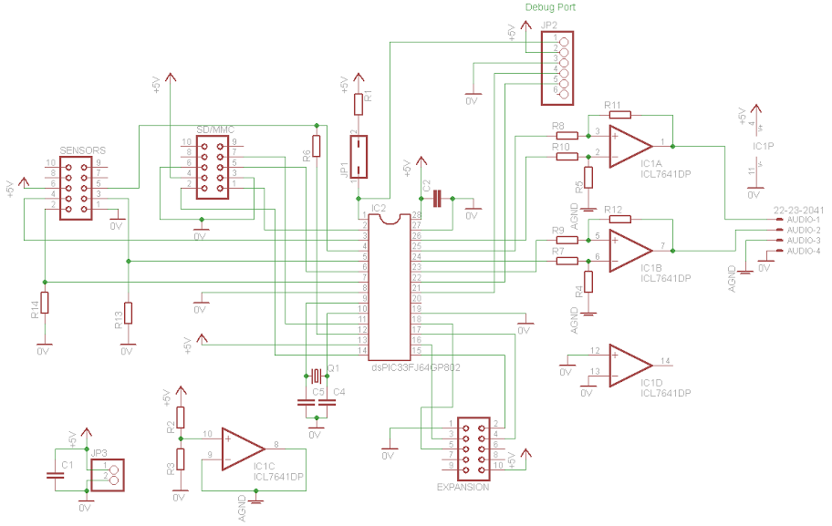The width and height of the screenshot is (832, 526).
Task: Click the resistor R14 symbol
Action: pos(44,303)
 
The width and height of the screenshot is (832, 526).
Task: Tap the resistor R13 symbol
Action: pos(128,313)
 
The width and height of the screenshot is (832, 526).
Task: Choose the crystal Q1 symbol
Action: pos(316,376)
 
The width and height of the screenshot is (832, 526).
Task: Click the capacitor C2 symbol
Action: pos(438,198)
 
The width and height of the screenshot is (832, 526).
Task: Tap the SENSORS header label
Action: pos(83,150)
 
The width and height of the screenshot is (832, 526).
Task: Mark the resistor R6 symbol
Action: pos(317,145)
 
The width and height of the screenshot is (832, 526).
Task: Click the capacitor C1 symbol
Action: pos(55,474)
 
